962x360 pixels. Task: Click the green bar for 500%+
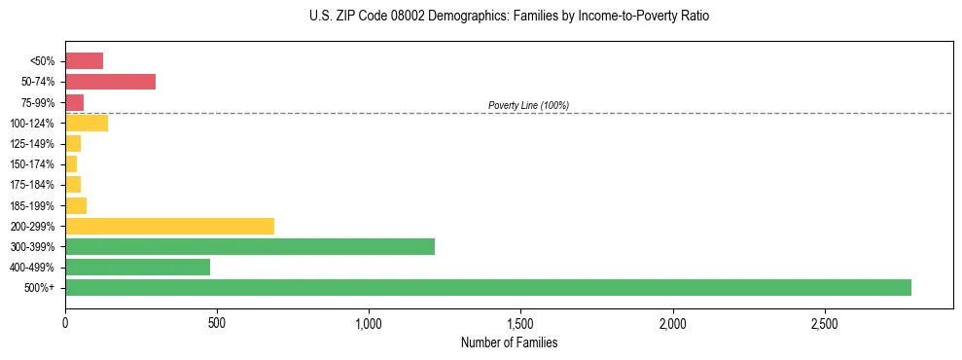click(x=487, y=287)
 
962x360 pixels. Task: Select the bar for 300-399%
click(x=250, y=246)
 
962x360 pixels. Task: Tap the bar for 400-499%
click(x=137, y=267)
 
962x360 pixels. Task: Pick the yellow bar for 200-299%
click(x=169, y=226)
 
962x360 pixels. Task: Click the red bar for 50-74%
click(x=110, y=82)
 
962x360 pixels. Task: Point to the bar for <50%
click(x=84, y=61)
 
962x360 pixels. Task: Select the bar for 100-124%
click(x=87, y=123)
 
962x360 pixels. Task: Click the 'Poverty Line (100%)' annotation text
click(x=528, y=105)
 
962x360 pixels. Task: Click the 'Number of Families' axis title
click(x=509, y=342)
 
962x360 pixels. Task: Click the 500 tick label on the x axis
click(x=217, y=322)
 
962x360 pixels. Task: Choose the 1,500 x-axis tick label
click(x=520, y=322)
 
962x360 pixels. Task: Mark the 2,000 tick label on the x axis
click(x=672, y=322)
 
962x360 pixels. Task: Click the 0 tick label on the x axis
click(x=65, y=322)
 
